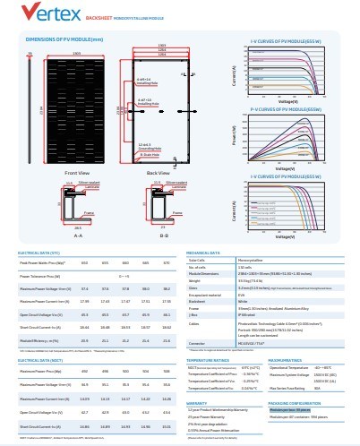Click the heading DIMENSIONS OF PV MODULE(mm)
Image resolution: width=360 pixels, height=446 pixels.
[x=64, y=40]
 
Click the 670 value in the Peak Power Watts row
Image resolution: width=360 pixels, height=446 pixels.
[x=166, y=262]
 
